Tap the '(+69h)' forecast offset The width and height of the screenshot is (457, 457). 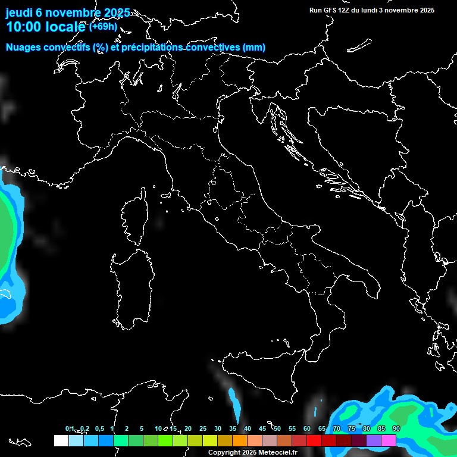click(x=104, y=26)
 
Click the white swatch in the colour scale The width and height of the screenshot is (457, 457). click(x=61, y=440)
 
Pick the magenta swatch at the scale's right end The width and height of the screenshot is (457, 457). click(x=389, y=440)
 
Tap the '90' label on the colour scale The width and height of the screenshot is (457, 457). click(x=396, y=428)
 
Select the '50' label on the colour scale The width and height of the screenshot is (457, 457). click(x=277, y=428)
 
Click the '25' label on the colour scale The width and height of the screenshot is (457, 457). click(x=202, y=428)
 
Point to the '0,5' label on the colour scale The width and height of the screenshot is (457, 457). click(x=99, y=428)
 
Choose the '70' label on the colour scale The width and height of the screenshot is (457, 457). click(x=337, y=428)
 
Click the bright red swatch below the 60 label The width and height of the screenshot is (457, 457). click(x=314, y=440)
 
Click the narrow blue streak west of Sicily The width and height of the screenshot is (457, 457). click(x=235, y=403)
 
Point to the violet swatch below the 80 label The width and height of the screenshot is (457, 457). click(x=374, y=440)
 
